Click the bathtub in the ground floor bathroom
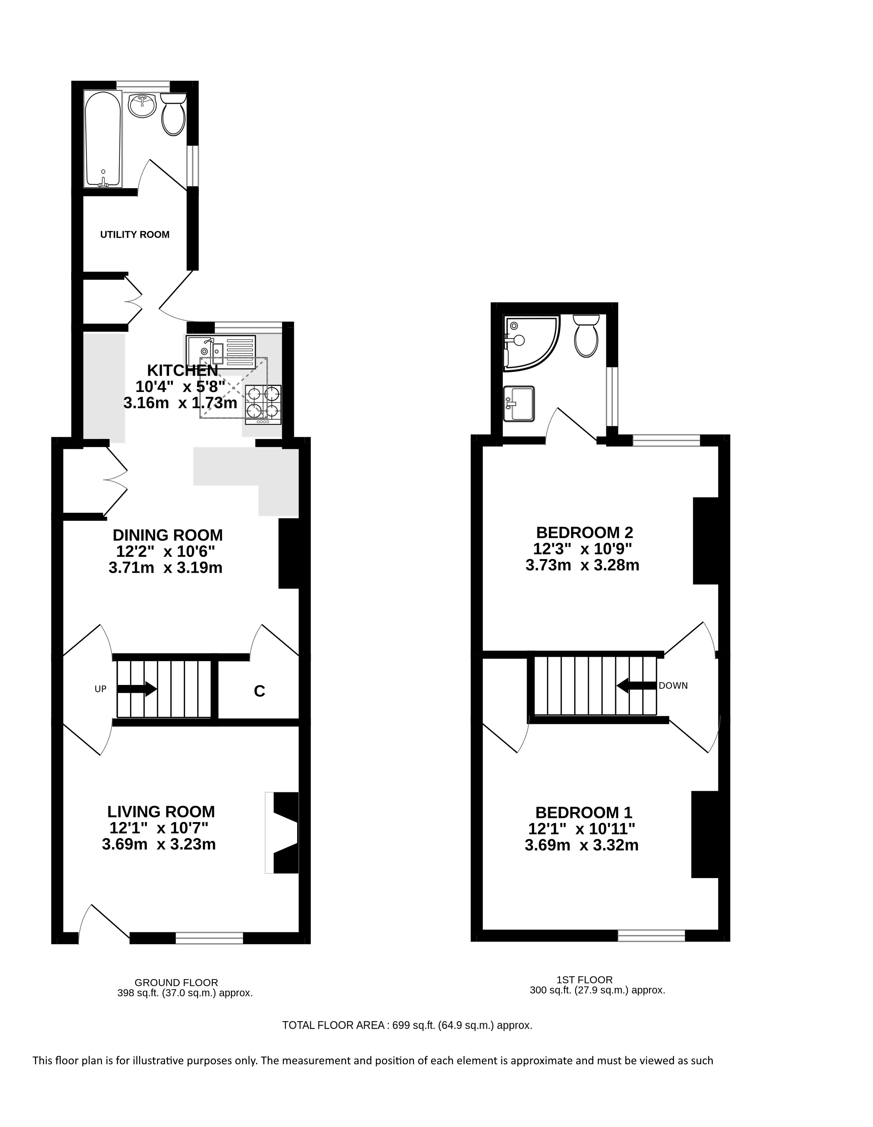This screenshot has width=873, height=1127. (x=103, y=139)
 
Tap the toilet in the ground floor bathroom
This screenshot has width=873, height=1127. (x=173, y=114)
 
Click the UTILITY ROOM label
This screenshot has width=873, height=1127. (x=135, y=235)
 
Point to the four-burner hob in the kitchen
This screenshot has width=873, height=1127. (x=264, y=405)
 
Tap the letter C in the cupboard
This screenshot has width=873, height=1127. (x=260, y=692)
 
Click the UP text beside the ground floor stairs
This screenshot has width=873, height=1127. (x=101, y=689)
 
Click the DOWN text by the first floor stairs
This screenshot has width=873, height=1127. (x=673, y=686)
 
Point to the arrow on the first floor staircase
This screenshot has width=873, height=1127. (x=637, y=686)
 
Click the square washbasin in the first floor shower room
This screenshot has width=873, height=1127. (x=519, y=404)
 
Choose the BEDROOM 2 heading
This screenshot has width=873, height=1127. (x=585, y=532)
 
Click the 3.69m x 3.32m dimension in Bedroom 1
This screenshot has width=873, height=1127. (x=581, y=845)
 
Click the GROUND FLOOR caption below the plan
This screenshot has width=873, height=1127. (x=177, y=983)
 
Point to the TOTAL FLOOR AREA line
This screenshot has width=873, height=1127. (x=407, y=1025)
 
